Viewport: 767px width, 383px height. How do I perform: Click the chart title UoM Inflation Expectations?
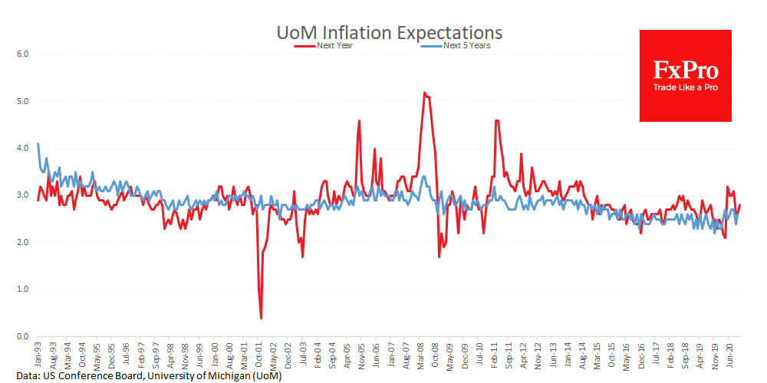389,32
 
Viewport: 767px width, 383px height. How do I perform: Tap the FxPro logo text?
686,71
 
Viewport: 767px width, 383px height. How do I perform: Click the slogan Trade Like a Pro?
686,87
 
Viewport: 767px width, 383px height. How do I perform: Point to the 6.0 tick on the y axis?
22,54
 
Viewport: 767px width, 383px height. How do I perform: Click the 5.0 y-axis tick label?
22,101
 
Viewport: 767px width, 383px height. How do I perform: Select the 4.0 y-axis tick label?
22,149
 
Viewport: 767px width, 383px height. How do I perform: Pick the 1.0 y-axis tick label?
22,290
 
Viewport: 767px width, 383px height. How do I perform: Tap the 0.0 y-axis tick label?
22,336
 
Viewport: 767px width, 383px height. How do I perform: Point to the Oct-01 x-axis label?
261,353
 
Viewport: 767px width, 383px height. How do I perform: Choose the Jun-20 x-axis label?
735,353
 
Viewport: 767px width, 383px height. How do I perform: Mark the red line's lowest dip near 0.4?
262,318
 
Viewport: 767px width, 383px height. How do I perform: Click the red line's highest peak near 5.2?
424,93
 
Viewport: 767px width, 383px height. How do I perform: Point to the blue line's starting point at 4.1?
38,144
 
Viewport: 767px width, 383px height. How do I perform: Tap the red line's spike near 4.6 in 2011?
497,120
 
